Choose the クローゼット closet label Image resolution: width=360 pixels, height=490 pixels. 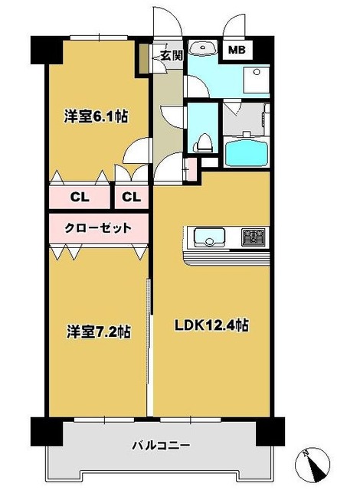96,228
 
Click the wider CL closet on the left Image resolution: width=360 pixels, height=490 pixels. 79,197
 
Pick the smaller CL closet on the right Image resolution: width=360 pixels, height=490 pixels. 131,197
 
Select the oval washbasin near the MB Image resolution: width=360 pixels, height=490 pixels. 202,48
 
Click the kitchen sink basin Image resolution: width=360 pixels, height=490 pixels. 208,237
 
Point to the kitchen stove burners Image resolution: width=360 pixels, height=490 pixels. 252,237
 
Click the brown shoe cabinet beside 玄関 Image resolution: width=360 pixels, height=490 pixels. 142,60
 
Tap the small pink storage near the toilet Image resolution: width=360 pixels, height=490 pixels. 191,163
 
